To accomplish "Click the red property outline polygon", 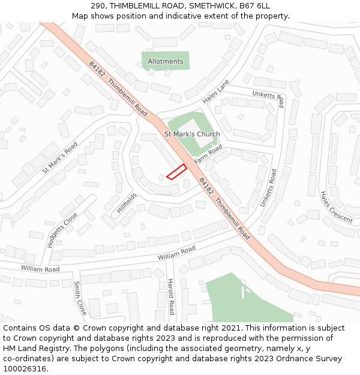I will pyautogui.click(x=176, y=172).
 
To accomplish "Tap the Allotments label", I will pyautogui.click(x=166, y=61).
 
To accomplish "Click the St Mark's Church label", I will pyautogui.click(x=192, y=134).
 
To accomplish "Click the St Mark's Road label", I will pyautogui.click(x=60, y=158).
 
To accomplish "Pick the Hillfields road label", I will pyautogui.click(x=127, y=204).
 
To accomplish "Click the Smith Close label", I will pyautogui.click(x=81, y=298).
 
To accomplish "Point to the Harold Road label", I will pyautogui.click(x=170, y=296).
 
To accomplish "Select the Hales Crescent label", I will pyautogui.click(x=336, y=208).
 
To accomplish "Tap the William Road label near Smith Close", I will pyautogui.click(x=40, y=269).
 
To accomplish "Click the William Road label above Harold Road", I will pyautogui.click(x=176, y=253).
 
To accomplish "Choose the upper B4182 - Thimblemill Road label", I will pyautogui.click(x=118, y=89).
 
